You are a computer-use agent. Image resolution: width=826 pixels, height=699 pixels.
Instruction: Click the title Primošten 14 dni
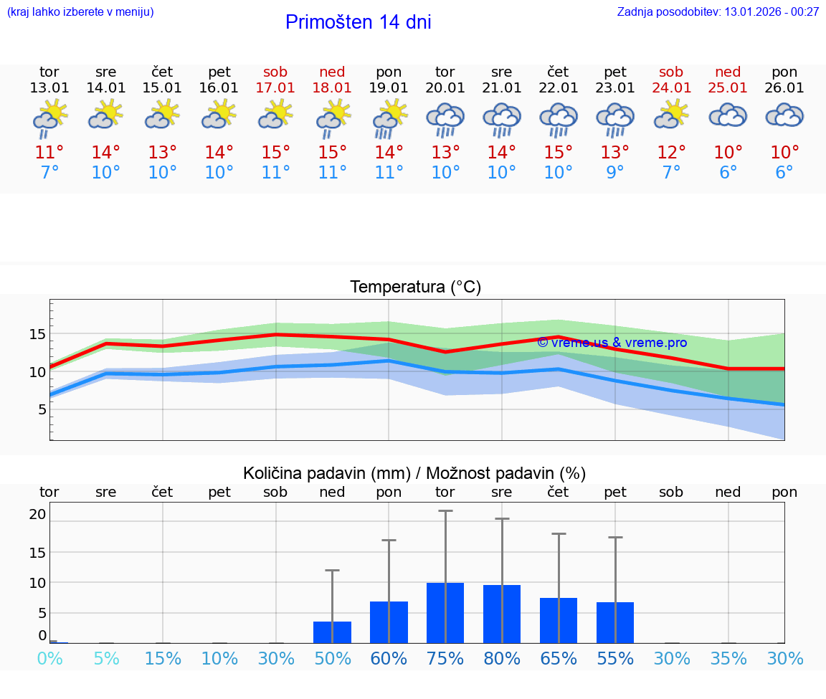[x=358, y=22]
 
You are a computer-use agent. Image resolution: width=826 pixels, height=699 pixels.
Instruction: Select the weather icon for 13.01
[x=49, y=118]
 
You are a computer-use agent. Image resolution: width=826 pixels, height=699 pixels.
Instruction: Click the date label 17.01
[x=275, y=87]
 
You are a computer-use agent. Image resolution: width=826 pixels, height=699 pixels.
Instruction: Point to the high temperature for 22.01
[x=558, y=153]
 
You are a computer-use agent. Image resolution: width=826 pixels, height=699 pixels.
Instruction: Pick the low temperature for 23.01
[x=614, y=173]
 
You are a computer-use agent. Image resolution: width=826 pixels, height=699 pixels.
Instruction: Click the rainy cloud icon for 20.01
[x=445, y=120]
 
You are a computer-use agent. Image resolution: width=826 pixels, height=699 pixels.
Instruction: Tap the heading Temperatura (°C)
[x=415, y=287]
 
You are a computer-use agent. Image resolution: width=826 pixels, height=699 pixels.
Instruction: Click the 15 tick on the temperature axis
[x=37, y=334]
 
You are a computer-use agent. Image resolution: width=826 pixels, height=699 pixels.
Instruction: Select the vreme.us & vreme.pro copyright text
[x=612, y=343]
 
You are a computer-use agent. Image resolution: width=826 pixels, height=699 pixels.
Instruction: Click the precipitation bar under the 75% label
[x=445, y=613]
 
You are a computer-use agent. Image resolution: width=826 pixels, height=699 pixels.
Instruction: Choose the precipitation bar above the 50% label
[x=332, y=632]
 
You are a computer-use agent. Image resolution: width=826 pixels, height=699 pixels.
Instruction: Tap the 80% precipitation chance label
[x=502, y=659]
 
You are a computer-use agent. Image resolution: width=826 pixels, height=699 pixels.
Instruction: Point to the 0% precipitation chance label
[x=49, y=659]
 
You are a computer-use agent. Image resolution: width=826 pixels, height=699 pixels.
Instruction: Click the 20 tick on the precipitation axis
[x=37, y=514]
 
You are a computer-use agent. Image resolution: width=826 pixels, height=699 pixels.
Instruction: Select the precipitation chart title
[x=414, y=473]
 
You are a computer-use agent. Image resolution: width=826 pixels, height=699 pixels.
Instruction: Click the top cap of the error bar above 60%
[x=389, y=540]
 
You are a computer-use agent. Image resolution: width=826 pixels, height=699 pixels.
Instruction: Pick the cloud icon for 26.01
[x=784, y=115]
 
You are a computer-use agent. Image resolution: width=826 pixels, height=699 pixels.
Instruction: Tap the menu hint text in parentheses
[x=80, y=11]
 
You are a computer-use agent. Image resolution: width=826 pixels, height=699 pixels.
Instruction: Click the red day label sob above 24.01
[x=671, y=72]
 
